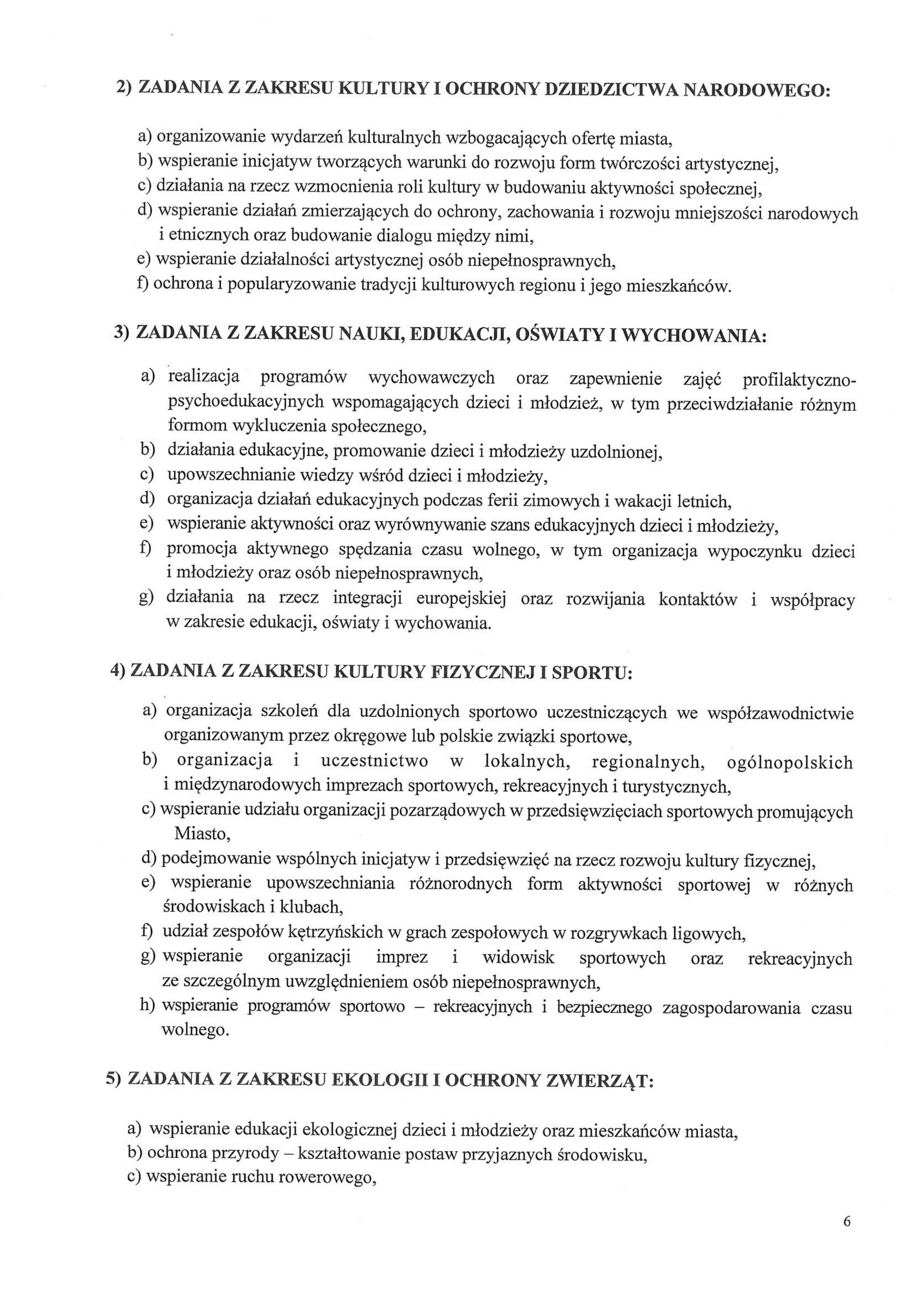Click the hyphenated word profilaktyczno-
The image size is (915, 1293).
pos(799,380)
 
